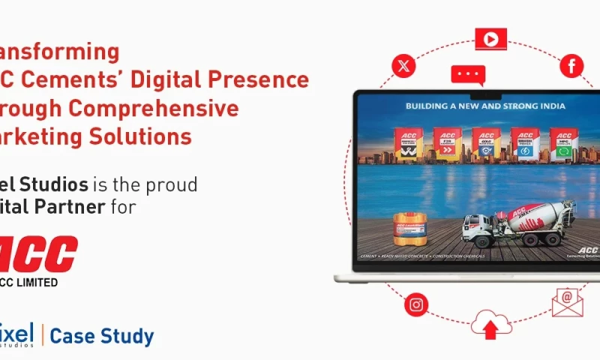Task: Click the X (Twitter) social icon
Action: click(x=403, y=66)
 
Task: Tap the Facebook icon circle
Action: click(x=571, y=66)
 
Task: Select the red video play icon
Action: click(x=490, y=39)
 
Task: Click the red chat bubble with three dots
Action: click(x=468, y=75)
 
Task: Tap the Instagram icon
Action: click(x=415, y=304)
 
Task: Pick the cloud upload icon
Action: click(x=491, y=324)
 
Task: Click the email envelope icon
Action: click(x=567, y=301)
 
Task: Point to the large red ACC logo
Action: click(x=39, y=254)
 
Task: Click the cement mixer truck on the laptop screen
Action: click(x=517, y=222)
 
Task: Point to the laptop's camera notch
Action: click(x=477, y=95)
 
